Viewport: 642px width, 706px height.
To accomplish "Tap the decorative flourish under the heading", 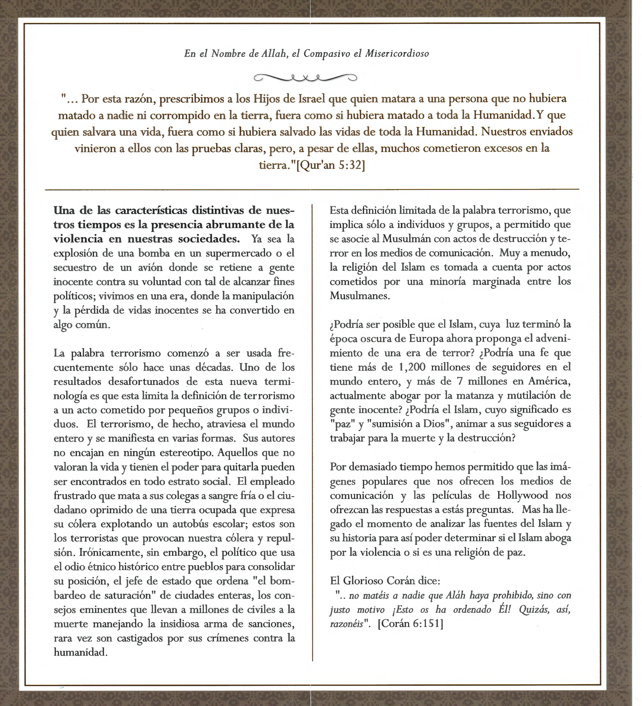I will click(305, 78).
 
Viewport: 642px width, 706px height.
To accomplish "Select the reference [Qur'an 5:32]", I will click(331, 165).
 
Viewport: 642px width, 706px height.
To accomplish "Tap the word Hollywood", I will click(522, 496).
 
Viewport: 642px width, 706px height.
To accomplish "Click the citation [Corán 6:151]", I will click(410, 624).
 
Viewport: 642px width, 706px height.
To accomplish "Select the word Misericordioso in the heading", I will click(397, 53).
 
